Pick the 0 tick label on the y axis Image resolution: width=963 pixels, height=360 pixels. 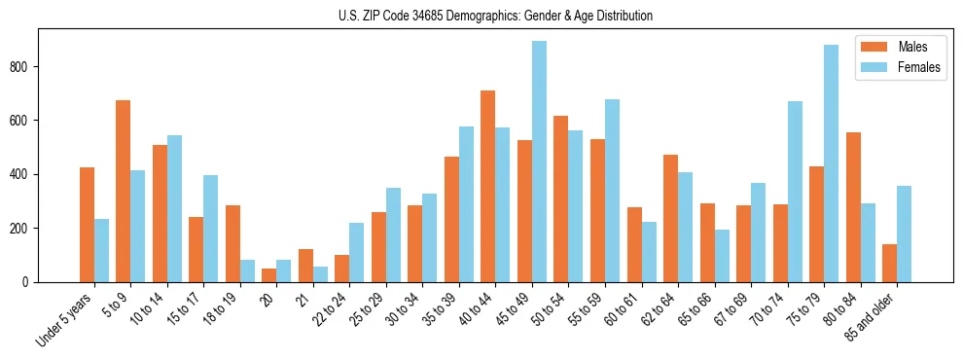tap(29, 282)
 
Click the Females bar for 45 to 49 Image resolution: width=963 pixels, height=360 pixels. tap(539, 162)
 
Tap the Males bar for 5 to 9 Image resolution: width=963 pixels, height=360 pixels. tap(123, 192)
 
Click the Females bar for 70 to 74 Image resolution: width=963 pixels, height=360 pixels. tap(795, 192)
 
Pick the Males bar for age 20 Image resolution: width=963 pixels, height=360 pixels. tap(268, 275)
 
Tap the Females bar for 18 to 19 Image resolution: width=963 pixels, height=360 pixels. tap(247, 271)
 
